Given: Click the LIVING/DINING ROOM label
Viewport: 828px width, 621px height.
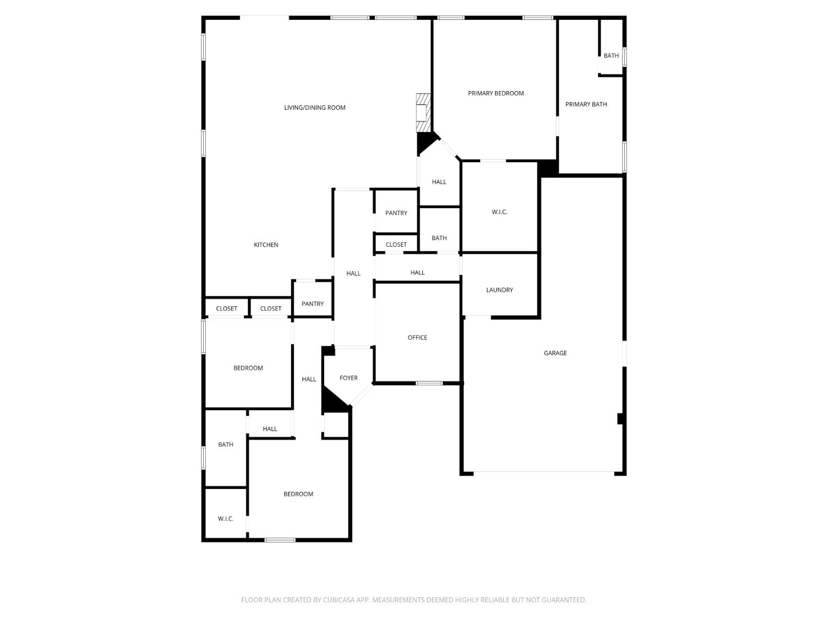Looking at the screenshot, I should [315, 108].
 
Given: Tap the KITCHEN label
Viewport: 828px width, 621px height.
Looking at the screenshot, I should [266, 245].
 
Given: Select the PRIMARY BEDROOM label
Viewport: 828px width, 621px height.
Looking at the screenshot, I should [496, 93].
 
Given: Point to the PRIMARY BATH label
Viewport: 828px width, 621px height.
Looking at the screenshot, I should [586, 104].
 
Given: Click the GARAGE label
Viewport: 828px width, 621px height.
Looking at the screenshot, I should [555, 353].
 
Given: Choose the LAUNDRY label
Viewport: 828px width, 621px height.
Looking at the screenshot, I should [500, 290].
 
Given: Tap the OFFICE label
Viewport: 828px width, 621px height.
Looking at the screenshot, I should [417, 337].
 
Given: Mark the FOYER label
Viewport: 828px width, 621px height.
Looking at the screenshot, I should [348, 378].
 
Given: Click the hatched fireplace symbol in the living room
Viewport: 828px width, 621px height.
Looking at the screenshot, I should [423, 113].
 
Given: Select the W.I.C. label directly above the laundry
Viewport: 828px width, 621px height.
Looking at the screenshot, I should [500, 212].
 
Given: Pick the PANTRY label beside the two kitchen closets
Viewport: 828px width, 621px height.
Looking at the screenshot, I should [312, 304].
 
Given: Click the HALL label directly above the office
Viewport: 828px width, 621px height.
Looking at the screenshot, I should [417, 273].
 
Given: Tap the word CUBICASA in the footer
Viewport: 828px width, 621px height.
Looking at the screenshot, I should [338, 600].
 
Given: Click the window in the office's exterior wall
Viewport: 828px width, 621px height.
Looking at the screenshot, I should [429, 383].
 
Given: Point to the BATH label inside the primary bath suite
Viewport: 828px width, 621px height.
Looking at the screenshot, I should [611, 56].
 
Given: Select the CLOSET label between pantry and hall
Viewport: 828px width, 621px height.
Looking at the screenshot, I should [396, 245].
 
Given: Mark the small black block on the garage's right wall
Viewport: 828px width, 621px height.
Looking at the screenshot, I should [620, 419].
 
